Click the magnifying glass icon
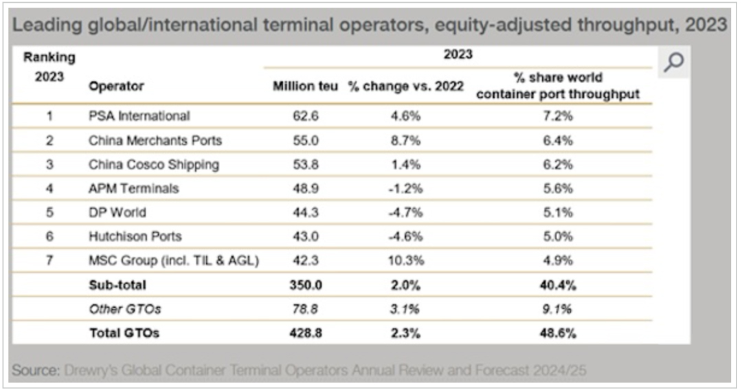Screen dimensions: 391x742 point(674,63)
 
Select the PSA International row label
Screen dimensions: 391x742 point(139,116)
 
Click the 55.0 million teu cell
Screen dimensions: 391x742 point(305,140)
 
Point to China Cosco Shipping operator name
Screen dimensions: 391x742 point(154,164)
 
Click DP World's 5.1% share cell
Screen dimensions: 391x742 point(557,212)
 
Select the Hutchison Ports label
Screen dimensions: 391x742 point(135,236)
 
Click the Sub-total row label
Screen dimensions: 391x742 point(117,284)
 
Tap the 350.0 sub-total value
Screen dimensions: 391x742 point(305,284)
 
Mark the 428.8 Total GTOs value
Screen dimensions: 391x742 point(305,333)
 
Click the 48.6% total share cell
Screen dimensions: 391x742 point(557,333)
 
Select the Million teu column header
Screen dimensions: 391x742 point(305,87)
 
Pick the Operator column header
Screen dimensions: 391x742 point(116,87)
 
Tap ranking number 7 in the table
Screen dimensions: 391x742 point(49,260)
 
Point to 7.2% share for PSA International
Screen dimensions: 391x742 point(557,116)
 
